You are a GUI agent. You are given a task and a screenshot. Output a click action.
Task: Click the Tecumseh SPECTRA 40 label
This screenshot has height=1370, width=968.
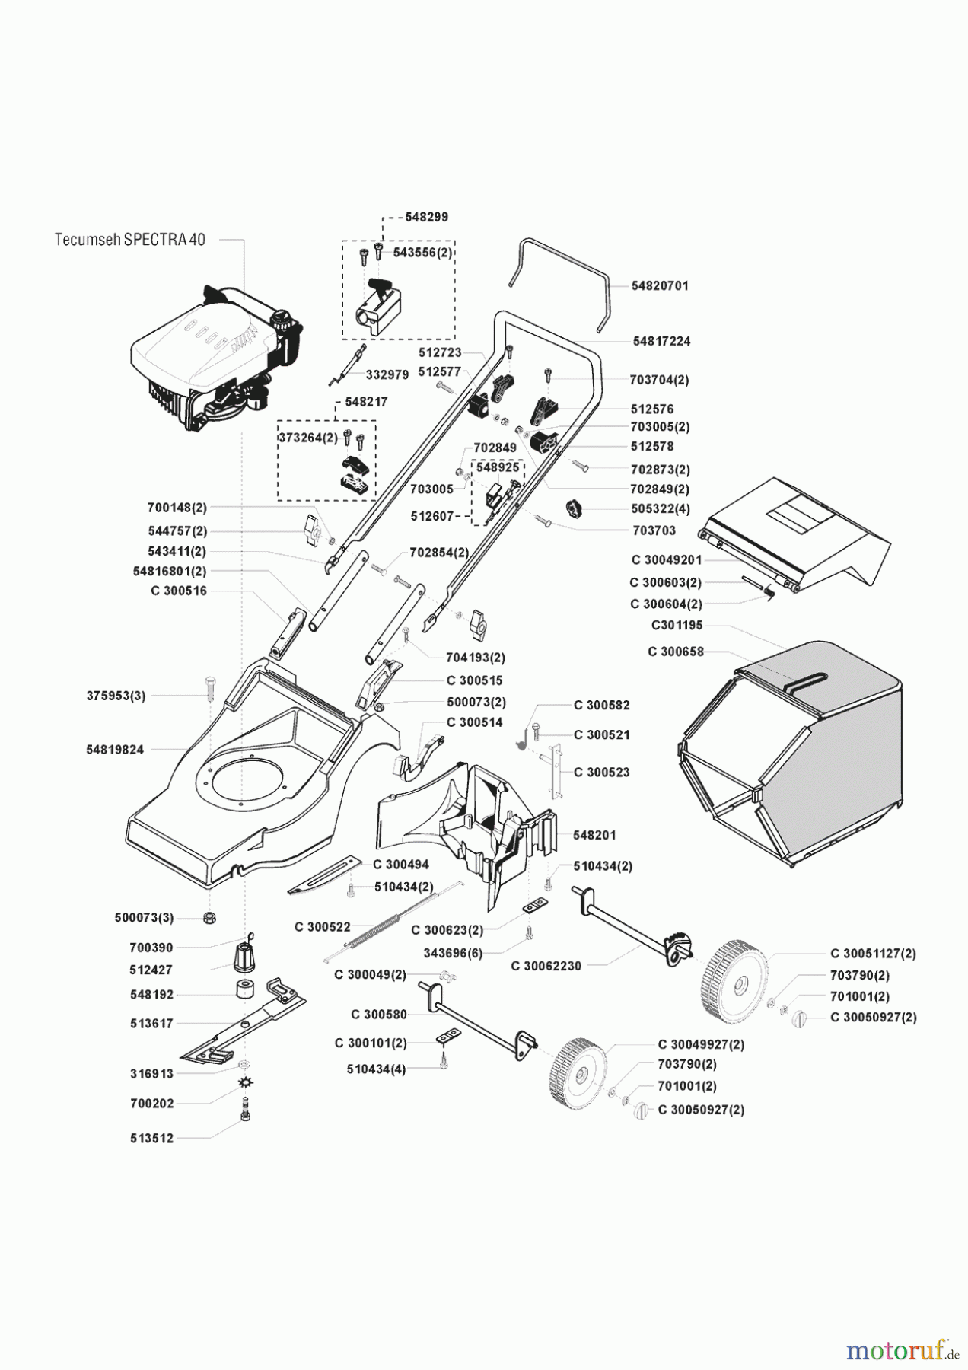130,239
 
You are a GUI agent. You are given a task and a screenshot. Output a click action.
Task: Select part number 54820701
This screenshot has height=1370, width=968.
660,285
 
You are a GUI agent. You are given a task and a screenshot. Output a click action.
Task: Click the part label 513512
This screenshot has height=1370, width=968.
151,1139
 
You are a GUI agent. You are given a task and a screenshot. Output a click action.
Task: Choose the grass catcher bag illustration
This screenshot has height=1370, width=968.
791,753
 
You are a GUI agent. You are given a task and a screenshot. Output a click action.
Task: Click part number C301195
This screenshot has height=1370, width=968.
677,625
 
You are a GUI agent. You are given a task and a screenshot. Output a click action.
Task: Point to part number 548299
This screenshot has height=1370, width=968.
426,217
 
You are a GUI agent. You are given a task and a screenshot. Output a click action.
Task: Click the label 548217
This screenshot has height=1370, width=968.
365,401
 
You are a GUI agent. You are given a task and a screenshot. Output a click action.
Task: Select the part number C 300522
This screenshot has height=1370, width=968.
323,926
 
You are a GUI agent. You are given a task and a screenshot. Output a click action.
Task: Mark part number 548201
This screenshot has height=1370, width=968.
595,835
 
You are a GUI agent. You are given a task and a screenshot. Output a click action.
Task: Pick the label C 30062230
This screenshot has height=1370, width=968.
546,966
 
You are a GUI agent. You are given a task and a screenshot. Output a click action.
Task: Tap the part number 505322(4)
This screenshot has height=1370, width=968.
660,508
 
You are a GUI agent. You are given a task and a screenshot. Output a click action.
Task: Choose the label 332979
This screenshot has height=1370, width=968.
387,374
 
